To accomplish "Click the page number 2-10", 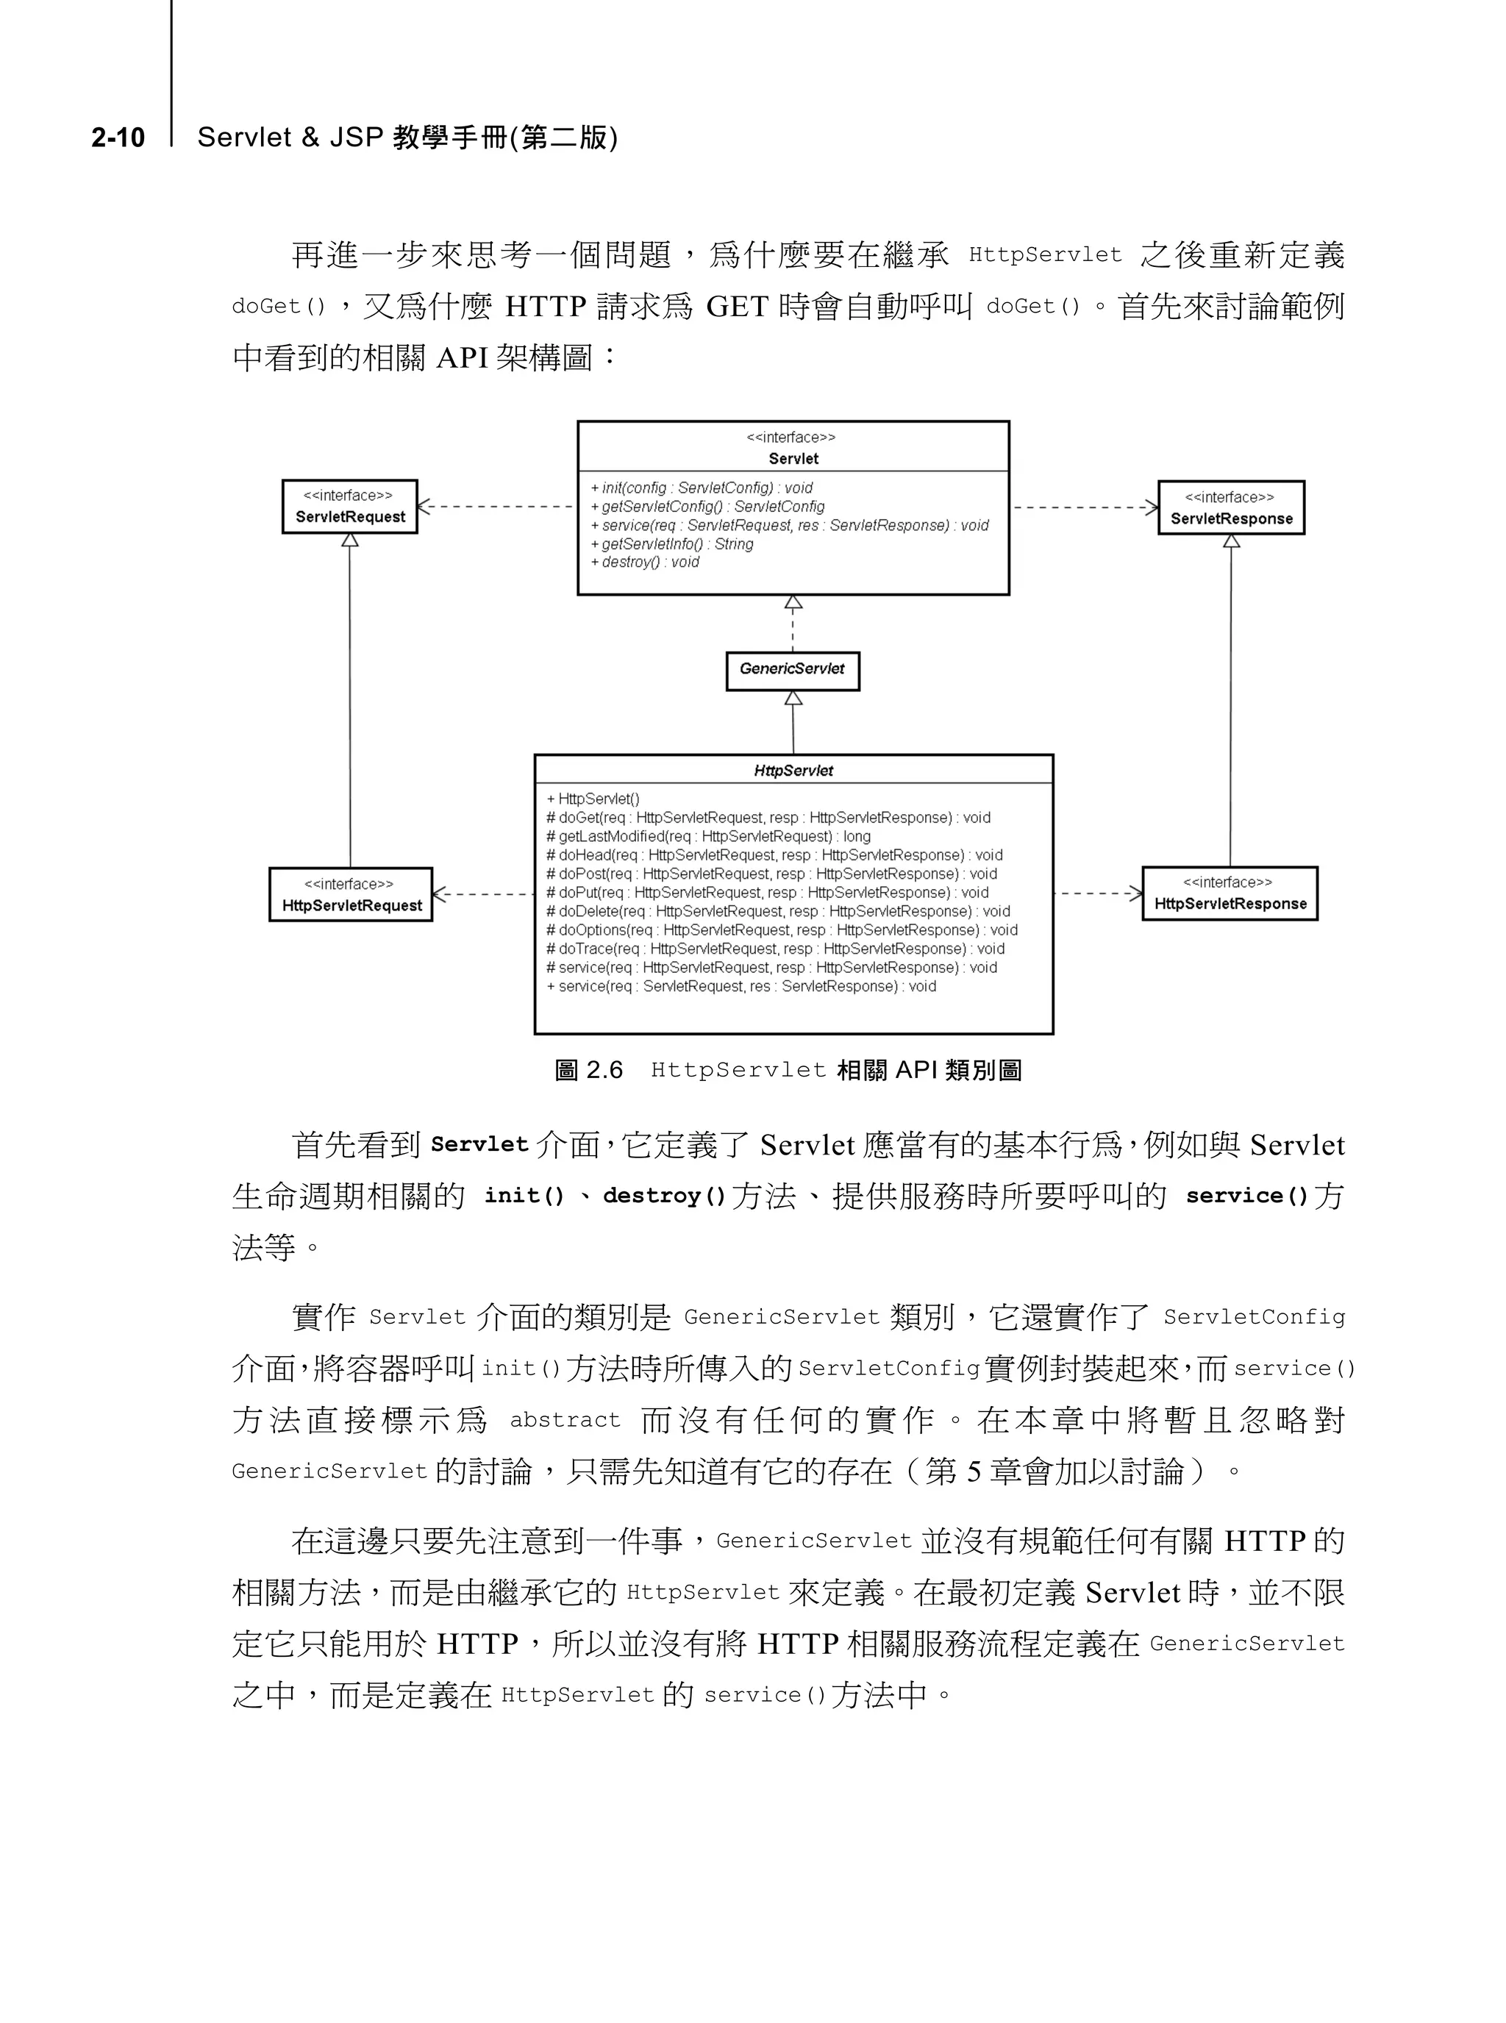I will [118, 138].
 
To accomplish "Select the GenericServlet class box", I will [792, 670].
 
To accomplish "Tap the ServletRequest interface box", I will [350, 507].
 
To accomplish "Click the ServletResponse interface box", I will [1231, 509].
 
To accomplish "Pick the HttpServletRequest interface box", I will [351, 895].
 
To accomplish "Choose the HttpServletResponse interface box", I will [1230, 893].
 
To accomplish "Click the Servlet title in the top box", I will [793, 459].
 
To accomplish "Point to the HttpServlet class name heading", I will [793, 771].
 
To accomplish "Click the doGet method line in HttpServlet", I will [768, 818].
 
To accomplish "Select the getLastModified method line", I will [708, 836].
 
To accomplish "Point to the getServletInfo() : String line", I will [673, 543].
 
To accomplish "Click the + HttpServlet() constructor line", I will [593, 799].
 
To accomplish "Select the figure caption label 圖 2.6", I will [589, 1069].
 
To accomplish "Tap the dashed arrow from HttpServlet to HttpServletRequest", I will [483, 894].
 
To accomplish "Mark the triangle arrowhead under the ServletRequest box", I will [350, 540].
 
